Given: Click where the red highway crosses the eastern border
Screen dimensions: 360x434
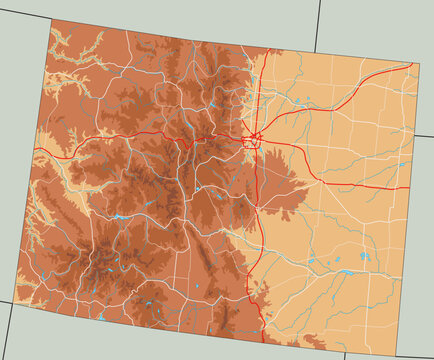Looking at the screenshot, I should [409, 187].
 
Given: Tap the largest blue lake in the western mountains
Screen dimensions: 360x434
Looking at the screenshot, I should [120, 216].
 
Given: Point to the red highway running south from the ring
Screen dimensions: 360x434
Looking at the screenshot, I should [258, 230].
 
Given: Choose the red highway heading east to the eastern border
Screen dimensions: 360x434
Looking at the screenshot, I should [350, 184].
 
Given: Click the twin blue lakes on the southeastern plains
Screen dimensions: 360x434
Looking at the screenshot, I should [363, 257].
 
